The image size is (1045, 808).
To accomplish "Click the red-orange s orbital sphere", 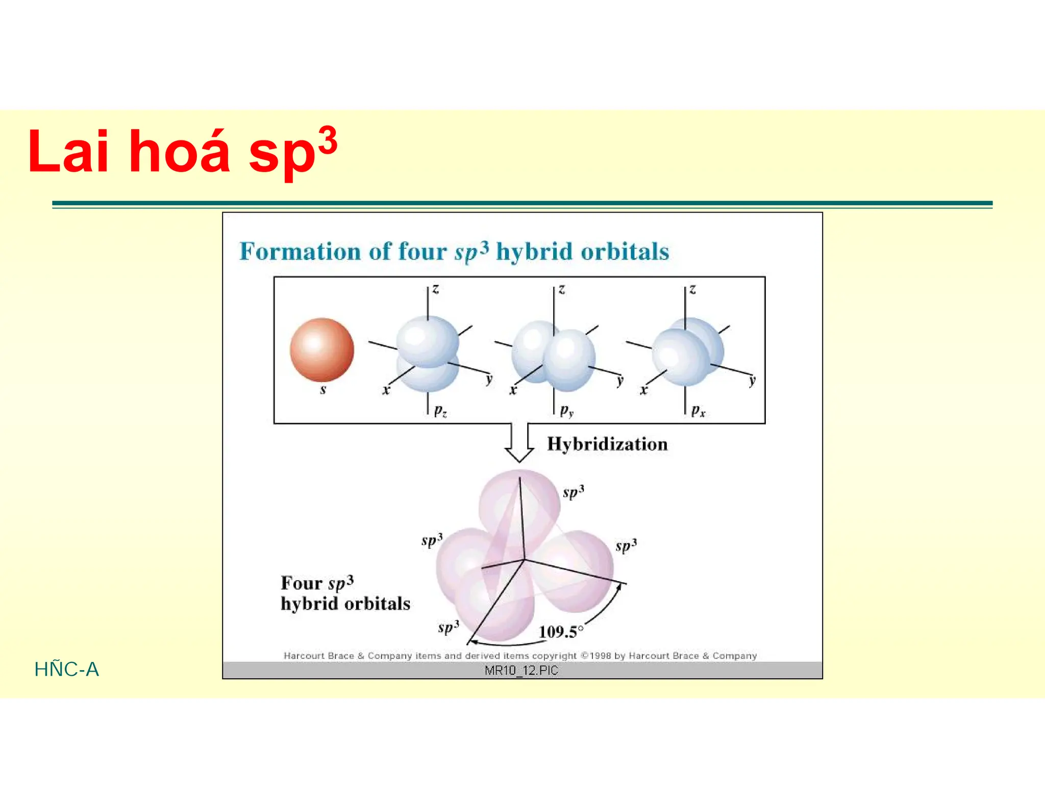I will pyautogui.click(x=321, y=350).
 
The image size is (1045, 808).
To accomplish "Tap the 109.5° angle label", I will pyautogui.click(x=560, y=632).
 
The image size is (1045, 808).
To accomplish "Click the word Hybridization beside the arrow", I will pyautogui.click(x=607, y=444).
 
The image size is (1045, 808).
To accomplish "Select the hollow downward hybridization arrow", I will pyautogui.click(x=519, y=442).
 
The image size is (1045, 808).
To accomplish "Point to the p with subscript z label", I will pyautogui.click(x=440, y=411).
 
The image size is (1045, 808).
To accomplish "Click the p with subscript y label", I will pyautogui.click(x=566, y=411).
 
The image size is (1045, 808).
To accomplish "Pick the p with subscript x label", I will pyautogui.click(x=698, y=411).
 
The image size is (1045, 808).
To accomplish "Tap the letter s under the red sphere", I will pyautogui.click(x=322, y=390).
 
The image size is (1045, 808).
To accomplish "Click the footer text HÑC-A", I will pyautogui.click(x=66, y=669).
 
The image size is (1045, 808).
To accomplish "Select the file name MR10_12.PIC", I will pyautogui.click(x=521, y=670).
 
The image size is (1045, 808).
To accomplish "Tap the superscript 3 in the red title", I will pyautogui.click(x=327, y=140).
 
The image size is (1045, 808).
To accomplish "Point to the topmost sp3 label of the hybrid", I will pyautogui.click(x=573, y=492).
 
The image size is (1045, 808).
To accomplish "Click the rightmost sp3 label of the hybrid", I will pyautogui.click(x=626, y=545).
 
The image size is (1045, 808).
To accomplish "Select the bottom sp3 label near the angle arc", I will pyautogui.click(x=449, y=627).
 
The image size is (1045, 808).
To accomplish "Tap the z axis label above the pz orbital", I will pyautogui.click(x=435, y=290).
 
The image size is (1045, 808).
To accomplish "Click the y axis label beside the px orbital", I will pyautogui.click(x=752, y=381).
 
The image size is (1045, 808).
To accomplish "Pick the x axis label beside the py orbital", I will pyautogui.click(x=513, y=391).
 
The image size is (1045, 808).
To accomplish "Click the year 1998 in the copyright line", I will pyautogui.click(x=601, y=656).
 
